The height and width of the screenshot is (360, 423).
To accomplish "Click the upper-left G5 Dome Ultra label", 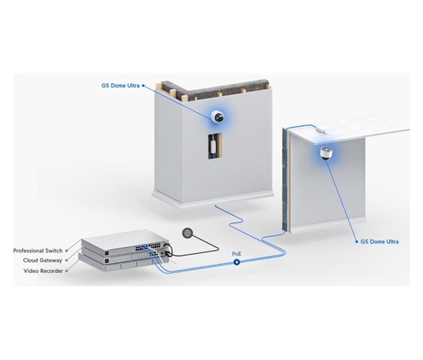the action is (x=120, y=85).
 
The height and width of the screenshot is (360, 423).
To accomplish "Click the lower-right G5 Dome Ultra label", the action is (x=380, y=242).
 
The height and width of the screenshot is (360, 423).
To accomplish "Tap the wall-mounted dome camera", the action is (x=218, y=117).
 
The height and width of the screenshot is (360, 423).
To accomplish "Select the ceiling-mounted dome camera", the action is (x=325, y=153).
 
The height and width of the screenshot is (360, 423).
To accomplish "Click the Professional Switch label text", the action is (x=38, y=251).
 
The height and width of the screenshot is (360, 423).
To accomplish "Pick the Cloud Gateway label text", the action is (x=42, y=261).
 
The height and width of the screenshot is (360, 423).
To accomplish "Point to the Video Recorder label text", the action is (x=43, y=271).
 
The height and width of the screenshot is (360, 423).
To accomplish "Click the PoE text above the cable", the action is (x=237, y=254).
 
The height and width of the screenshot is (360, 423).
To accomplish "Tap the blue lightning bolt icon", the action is (x=237, y=262).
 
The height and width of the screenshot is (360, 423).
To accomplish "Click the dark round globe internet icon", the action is (x=188, y=233).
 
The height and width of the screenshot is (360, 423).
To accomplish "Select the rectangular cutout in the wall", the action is (x=215, y=145).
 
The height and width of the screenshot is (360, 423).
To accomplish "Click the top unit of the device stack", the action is (x=125, y=242).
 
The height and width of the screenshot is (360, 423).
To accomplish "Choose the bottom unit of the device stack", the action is (x=124, y=266).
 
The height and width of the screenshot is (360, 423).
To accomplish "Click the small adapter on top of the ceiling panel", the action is (x=321, y=130).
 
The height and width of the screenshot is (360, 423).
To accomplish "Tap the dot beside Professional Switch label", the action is (x=67, y=251).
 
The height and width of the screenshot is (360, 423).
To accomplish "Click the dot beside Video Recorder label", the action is (x=67, y=271).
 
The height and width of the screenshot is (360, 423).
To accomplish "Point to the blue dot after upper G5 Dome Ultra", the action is (x=143, y=85).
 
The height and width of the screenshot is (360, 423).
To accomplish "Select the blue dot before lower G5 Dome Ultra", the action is (x=357, y=242).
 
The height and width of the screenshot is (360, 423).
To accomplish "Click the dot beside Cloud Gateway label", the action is (x=67, y=261).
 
